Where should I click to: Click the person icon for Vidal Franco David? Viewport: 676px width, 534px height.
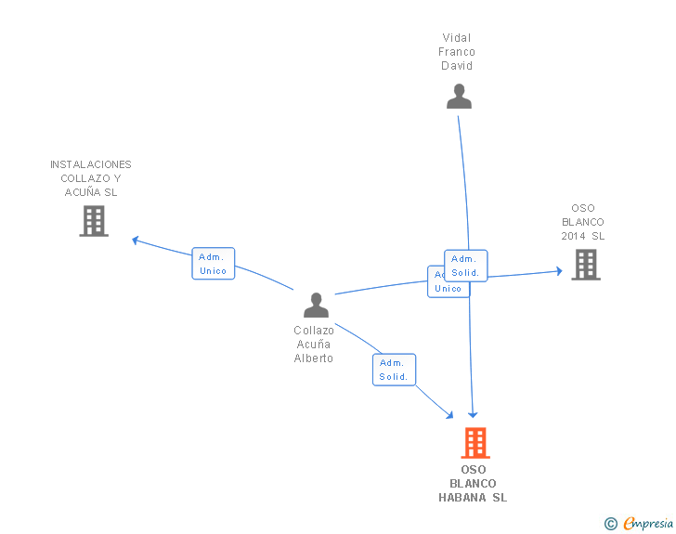pyautogui.click(x=459, y=97)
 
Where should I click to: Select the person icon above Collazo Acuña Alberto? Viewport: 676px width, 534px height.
pyautogui.click(x=316, y=306)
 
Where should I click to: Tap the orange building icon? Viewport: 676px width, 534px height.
pyautogui.click(x=474, y=443)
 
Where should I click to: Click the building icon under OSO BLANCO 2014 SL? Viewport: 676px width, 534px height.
pyautogui.click(x=585, y=265)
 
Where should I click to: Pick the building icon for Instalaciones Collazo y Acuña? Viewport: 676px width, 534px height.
pyautogui.click(x=93, y=221)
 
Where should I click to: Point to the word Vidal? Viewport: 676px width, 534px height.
pyautogui.click(x=457, y=38)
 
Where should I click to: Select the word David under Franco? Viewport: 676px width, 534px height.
pyautogui.click(x=457, y=66)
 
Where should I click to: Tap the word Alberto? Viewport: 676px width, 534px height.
pyautogui.click(x=314, y=358)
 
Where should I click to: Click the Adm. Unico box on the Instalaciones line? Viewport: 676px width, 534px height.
pyautogui.click(x=213, y=264)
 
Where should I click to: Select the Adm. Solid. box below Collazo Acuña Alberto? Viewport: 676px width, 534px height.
pyautogui.click(x=394, y=370)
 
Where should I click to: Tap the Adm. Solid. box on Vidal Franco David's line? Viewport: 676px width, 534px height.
pyautogui.click(x=465, y=266)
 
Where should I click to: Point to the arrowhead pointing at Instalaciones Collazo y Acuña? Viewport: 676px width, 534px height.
pyautogui.click(x=136, y=240)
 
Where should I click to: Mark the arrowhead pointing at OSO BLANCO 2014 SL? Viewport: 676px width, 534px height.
pyautogui.click(x=559, y=271)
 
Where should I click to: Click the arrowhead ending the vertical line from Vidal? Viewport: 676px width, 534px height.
pyautogui.click(x=473, y=415)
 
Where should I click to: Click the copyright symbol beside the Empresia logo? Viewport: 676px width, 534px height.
pyautogui.click(x=610, y=524)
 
